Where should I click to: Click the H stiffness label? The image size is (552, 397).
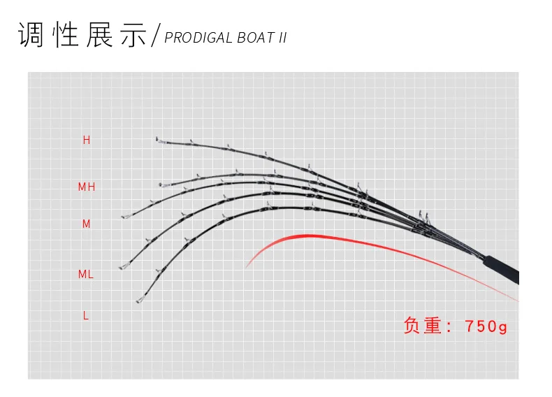coord(87,140)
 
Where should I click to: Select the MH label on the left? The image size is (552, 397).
coord(87,187)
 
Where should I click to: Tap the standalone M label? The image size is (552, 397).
coord(87,224)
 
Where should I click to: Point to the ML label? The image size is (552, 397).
coord(86,275)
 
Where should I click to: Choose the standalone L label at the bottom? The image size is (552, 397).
coord(86,316)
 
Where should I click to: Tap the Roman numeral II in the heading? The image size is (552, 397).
coord(282,38)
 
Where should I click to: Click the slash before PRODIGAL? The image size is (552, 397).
coord(156,35)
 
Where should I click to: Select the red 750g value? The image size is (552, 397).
coord(486,326)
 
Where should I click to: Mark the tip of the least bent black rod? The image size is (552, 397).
coord(157,139)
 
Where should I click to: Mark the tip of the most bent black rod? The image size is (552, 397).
coord(138,301)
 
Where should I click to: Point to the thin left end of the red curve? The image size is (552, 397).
coord(247,267)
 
